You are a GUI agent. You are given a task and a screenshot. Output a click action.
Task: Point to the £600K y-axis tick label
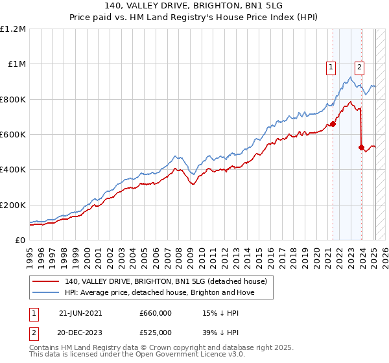click(13, 134)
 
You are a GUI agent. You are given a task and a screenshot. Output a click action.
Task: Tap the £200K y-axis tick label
click(13, 205)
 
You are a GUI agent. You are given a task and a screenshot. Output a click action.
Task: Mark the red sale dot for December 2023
click(361, 148)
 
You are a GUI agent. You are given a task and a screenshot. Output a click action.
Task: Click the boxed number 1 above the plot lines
click(331, 65)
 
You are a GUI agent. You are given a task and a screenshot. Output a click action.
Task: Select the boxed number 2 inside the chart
click(359, 65)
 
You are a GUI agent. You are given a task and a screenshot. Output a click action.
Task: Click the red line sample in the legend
click(46, 282)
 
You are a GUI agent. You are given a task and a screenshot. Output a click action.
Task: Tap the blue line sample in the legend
click(46, 292)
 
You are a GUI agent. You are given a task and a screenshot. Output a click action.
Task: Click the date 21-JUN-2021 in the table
click(80, 312)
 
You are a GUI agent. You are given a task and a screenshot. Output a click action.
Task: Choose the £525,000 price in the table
click(156, 333)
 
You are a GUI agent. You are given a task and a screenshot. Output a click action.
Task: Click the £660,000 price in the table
click(156, 312)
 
